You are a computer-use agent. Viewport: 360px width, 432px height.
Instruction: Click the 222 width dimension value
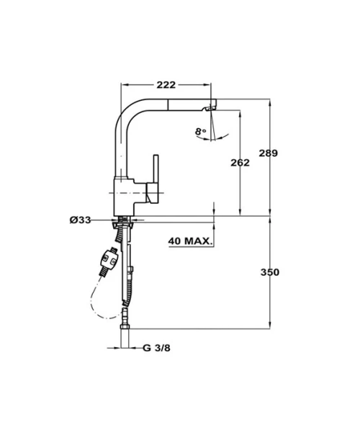(x=166, y=85)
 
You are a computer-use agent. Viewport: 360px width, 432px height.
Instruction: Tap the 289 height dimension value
(x=269, y=153)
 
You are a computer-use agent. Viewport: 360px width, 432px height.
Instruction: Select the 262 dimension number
(x=240, y=163)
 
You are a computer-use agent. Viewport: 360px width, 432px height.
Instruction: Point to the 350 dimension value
(x=270, y=272)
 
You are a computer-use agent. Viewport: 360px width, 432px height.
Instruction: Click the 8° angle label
(x=201, y=132)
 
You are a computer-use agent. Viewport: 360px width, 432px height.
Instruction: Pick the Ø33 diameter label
(x=80, y=220)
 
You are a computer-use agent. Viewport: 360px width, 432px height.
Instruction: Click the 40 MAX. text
(x=190, y=241)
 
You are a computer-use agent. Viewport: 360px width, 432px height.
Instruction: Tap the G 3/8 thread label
(x=156, y=348)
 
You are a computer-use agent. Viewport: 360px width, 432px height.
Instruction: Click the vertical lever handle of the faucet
(x=156, y=179)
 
